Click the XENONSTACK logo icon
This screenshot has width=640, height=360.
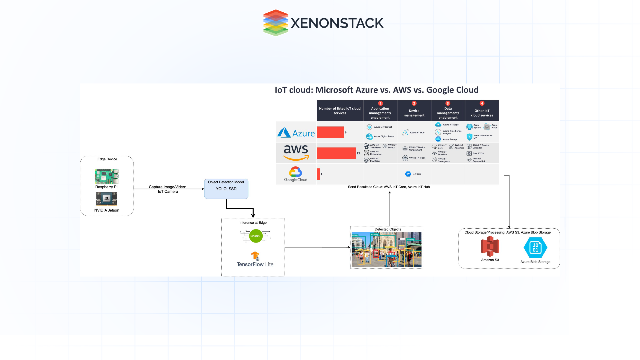click(276, 23)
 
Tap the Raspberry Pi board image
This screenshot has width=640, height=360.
click(106, 176)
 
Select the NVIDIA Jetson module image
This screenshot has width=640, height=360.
click(106, 199)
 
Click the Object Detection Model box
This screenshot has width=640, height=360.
click(226, 189)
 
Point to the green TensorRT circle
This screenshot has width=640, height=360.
click(256, 236)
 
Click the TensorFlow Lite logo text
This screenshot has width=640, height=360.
click(255, 264)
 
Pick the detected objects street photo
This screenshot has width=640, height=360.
click(387, 249)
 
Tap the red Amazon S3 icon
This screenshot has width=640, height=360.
click(490, 246)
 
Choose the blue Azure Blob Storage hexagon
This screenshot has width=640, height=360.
click(535, 247)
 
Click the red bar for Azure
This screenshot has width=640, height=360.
click(330, 132)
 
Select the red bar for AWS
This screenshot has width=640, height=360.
click(336, 153)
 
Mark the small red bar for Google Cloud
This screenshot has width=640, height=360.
click(318, 174)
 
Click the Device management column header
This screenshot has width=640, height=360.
click(414, 113)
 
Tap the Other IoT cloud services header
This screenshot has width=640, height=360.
click(482, 113)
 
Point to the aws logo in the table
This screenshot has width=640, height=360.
click(296, 152)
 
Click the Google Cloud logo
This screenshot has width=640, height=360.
click(296, 174)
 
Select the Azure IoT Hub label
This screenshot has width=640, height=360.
click(417, 133)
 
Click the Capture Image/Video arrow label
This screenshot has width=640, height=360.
click(168, 189)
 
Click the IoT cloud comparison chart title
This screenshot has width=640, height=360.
click(376, 90)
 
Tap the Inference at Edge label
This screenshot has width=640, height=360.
click(253, 223)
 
